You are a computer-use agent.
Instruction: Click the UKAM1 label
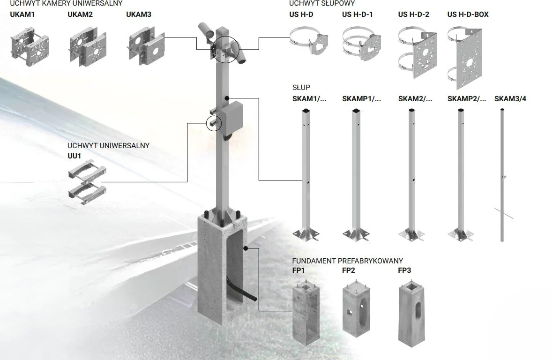[22, 15]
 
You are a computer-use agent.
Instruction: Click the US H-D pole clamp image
[308, 43]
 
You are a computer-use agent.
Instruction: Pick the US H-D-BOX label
[468, 15]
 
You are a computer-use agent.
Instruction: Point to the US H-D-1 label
[357, 15]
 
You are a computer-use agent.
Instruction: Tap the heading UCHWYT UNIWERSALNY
[108, 146]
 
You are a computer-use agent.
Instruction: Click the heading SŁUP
[301, 88]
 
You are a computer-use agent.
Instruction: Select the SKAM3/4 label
[510, 99]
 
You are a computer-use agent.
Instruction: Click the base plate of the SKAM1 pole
[306, 234]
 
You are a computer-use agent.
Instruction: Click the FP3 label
[404, 270]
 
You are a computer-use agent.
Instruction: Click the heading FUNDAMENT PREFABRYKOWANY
[347, 261]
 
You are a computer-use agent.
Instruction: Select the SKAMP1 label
[361, 99]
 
